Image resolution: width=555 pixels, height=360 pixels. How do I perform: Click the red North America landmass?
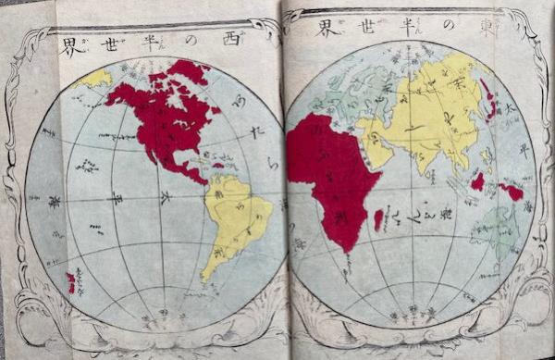[x=166, y=116]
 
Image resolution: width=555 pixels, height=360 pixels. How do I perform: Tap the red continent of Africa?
[x=328, y=176]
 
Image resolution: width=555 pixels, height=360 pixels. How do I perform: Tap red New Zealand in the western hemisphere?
[x=71, y=283]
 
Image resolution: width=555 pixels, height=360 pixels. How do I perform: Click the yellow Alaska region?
[x=92, y=80]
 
